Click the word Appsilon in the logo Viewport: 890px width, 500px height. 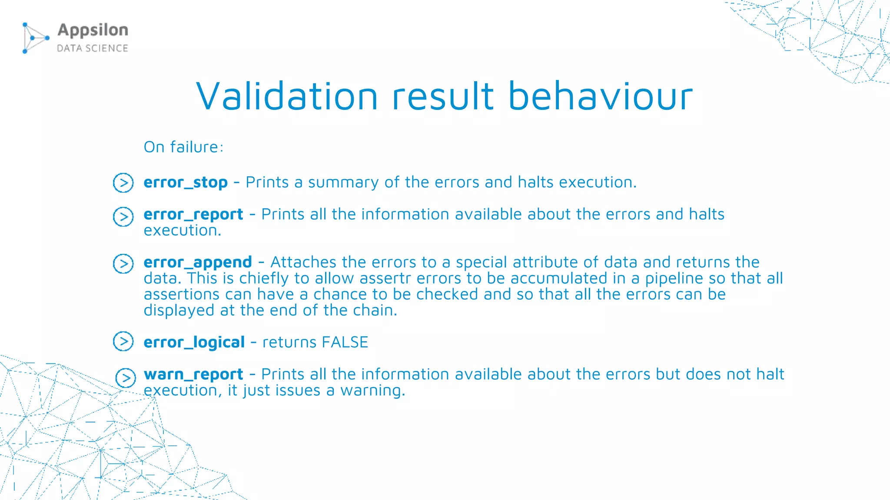[x=93, y=30]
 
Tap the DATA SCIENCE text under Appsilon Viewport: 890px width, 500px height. [x=93, y=48]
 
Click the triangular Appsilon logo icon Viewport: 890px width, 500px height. [x=35, y=38]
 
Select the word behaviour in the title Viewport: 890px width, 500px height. [x=600, y=96]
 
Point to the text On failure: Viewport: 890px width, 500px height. [x=183, y=147]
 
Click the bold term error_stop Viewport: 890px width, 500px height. [x=186, y=182]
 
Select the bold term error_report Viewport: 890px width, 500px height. [x=193, y=214]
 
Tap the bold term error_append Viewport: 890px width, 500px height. [x=198, y=262]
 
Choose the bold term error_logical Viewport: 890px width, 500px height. [x=194, y=342]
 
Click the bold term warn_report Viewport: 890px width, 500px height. [x=193, y=374]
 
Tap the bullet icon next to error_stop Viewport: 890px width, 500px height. [x=123, y=183]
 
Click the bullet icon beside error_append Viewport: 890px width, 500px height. [x=123, y=263]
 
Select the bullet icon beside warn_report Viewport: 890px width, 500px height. [x=126, y=378]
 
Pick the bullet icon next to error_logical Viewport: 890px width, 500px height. [x=123, y=341]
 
